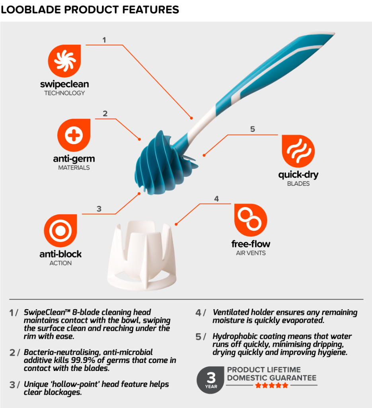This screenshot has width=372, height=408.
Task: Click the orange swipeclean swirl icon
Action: tap(64, 61)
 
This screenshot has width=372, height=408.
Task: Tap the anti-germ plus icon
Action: tap(74, 135)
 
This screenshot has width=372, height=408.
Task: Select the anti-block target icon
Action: tap(60, 231)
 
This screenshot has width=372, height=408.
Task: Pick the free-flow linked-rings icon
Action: tap(251, 220)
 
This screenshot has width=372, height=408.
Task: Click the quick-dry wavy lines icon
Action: tap(298, 151)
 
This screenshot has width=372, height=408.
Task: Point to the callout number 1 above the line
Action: tap(104, 40)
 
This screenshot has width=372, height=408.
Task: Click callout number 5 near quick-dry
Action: tap(253, 129)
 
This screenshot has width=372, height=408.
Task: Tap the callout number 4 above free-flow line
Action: tap(216, 199)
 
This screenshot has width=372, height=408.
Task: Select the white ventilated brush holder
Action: tap(142, 255)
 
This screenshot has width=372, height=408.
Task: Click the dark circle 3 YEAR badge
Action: tap(210, 380)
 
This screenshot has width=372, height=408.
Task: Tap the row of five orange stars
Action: tap(272, 385)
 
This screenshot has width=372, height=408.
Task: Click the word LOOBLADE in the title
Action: tap(31, 10)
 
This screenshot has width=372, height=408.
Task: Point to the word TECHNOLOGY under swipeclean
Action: tap(64, 93)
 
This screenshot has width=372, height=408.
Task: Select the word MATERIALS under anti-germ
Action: tap(74, 168)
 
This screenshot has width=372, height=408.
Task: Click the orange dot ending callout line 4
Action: tap(176, 224)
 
